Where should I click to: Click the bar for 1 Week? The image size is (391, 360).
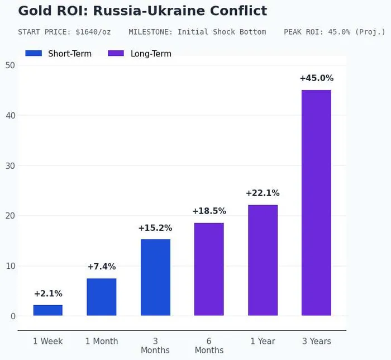[48, 310]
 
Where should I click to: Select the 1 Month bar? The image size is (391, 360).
[102, 297]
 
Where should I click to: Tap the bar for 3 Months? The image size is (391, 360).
[155, 277]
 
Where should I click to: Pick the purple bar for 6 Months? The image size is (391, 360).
[209, 269]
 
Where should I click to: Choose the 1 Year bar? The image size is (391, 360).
[263, 260]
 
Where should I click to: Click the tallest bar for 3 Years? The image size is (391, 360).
[316, 202]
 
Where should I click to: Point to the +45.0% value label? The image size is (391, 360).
[316, 78]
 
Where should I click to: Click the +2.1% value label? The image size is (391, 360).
[48, 293]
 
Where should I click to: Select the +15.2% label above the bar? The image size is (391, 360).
[155, 228]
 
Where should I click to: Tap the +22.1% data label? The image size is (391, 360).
[263, 193]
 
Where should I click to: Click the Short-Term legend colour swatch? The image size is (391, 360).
[34, 54]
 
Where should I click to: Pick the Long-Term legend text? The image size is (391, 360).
[151, 54]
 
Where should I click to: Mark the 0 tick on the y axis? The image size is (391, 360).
[12, 316]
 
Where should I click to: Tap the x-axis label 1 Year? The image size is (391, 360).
[263, 341]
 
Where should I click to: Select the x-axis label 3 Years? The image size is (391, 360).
[316, 341]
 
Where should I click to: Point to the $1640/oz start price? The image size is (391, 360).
[93, 32]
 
